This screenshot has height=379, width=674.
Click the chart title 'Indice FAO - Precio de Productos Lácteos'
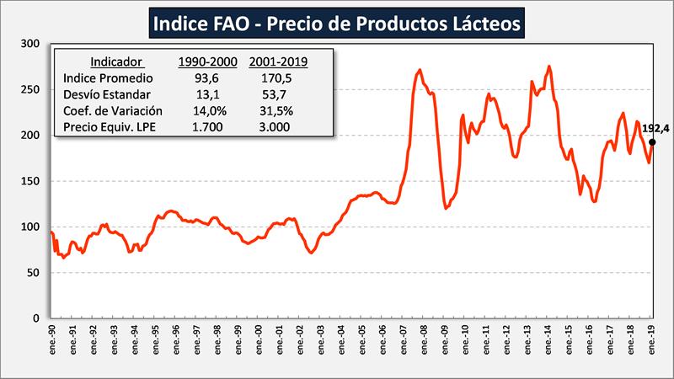pos(337,23)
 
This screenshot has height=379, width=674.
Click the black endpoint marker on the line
pos(652,142)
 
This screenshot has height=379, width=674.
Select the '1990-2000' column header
pos(206,61)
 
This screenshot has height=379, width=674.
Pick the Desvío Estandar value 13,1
pos(206,93)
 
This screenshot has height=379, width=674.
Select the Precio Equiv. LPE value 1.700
pos(206,126)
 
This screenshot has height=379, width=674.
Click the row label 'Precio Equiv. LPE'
pos(110,126)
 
